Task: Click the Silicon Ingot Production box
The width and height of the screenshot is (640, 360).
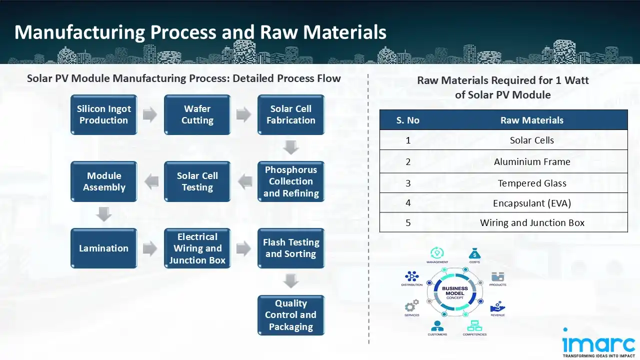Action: point(103,114)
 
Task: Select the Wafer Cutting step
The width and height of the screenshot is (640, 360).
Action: point(197,114)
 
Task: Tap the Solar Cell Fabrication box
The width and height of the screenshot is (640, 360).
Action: point(290,114)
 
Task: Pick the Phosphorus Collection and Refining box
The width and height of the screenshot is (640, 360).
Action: point(290,181)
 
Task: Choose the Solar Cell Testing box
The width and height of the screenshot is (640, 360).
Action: point(197,181)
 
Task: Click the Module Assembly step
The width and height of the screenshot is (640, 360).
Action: point(103,181)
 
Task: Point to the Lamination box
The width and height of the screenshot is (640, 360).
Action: point(103,248)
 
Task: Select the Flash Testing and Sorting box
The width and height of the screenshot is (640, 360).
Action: point(290,248)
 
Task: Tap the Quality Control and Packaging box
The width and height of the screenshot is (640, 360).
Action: point(290,315)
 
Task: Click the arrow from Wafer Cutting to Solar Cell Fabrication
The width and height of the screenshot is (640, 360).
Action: point(243,114)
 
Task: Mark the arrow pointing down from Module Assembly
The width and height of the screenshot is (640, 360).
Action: point(104,215)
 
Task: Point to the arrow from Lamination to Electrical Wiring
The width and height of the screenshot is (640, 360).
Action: point(150,248)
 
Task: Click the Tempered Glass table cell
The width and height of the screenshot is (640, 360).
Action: point(531,183)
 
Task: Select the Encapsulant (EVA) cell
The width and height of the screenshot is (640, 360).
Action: point(531,203)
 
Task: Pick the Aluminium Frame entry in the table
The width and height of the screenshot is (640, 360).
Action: point(531,161)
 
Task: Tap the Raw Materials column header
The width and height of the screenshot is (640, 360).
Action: point(531,120)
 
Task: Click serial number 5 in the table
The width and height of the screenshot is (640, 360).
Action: point(408,223)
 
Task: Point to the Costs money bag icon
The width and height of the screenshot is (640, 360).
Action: point(474,253)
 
